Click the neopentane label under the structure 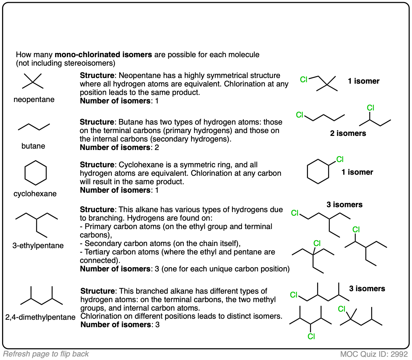click(x=34, y=100)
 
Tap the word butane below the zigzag click(x=33, y=146)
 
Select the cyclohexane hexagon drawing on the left click(x=35, y=173)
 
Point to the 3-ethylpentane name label click(x=38, y=245)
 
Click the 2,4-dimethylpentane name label click(x=40, y=317)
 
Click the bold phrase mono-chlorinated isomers click(x=103, y=55)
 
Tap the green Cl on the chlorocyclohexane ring click(x=340, y=160)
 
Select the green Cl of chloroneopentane click(x=304, y=79)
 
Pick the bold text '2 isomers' click(x=348, y=133)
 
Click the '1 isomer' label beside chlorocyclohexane click(x=357, y=172)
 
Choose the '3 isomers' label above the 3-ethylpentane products click(x=344, y=204)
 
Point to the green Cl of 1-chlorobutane click(x=300, y=115)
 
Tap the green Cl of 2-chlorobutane click(x=370, y=107)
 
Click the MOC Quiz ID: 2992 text click(x=374, y=354)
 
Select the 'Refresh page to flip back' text click(x=46, y=354)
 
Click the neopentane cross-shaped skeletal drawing click(x=32, y=82)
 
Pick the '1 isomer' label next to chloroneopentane click(x=363, y=81)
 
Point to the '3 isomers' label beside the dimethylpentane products click(x=367, y=289)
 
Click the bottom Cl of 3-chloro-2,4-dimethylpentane click(x=311, y=336)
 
